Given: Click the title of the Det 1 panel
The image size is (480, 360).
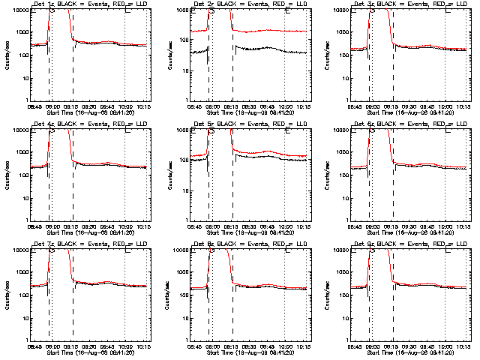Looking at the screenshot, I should point(88,4).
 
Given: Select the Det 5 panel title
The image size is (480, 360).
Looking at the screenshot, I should point(249,124).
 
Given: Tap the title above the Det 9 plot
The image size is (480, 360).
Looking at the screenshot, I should point(409,244).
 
